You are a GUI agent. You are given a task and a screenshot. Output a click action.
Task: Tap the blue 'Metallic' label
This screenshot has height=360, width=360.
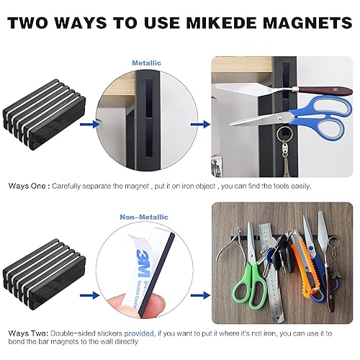[146, 63]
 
